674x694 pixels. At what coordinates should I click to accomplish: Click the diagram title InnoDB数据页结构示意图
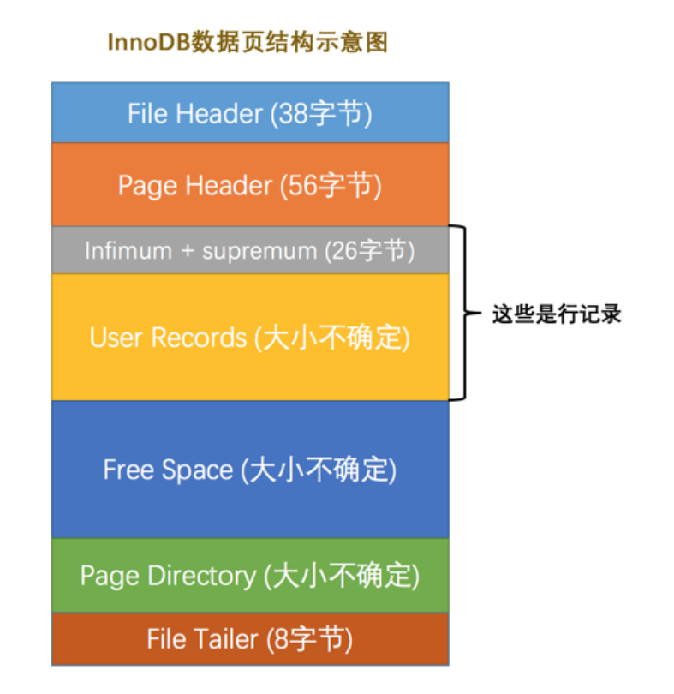[248, 43]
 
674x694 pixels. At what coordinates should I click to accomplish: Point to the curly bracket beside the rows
[464, 314]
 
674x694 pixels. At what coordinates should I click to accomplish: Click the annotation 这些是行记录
[556, 314]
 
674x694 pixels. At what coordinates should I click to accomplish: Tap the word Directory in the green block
[201, 576]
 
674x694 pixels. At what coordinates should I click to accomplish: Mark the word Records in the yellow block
[199, 338]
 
